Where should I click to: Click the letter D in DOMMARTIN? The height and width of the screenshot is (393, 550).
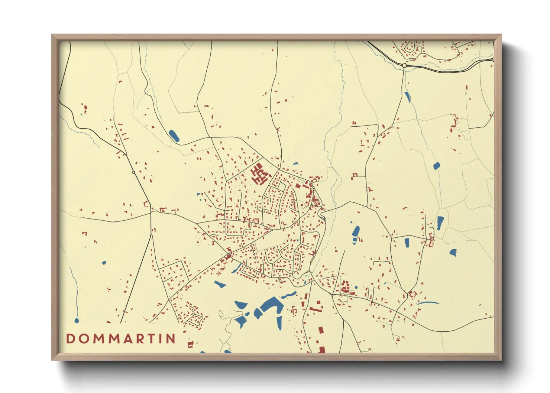point(70,339)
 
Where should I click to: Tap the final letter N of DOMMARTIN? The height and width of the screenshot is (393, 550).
point(171,339)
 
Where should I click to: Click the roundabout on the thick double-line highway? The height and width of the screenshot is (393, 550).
point(404,65)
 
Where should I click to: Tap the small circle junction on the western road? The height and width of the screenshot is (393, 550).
point(134,172)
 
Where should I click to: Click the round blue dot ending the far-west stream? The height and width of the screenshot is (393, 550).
point(77,320)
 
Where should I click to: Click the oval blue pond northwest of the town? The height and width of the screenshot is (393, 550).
point(174,136)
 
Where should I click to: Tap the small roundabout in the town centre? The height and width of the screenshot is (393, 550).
point(272,230)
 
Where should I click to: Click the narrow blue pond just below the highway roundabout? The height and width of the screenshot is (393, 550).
point(407,97)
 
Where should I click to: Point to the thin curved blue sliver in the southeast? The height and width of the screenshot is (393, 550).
point(428,303)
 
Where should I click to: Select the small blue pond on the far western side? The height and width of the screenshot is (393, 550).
point(104,263)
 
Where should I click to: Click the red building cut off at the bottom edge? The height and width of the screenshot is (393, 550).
point(321,350)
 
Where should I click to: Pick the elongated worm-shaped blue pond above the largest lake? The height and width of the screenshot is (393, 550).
point(288,295)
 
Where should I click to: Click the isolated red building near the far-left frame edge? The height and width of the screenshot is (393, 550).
point(85,109)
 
